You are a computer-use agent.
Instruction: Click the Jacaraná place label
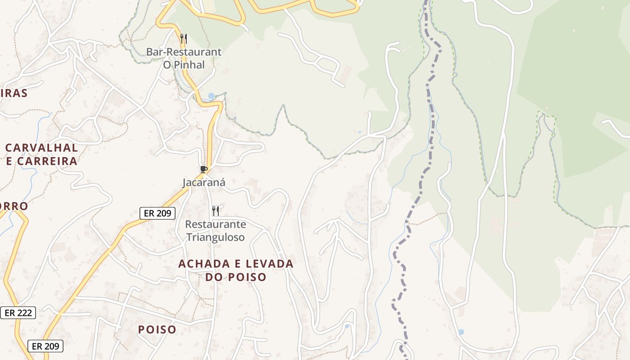click(x=203, y=182)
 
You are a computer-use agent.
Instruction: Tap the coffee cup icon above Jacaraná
click(x=204, y=169)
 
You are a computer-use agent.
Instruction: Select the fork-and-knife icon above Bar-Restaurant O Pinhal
click(x=183, y=39)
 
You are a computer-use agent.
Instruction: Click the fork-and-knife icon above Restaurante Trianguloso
click(x=216, y=211)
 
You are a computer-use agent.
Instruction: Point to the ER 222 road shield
click(x=18, y=313)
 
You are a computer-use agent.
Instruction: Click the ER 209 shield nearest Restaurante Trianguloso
click(x=157, y=213)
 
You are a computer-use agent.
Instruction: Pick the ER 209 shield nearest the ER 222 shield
click(x=45, y=346)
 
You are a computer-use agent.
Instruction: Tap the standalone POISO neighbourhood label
click(x=157, y=330)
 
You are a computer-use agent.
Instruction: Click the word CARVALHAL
click(x=41, y=148)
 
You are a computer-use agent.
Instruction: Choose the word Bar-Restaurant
click(x=184, y=52)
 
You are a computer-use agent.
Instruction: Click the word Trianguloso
click(x=216, y=237)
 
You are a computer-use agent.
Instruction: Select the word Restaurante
click(x=216, y=224)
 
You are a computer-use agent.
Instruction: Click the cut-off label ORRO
click(x=13, y=206)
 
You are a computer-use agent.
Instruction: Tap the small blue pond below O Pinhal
click(x=211, y=96)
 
